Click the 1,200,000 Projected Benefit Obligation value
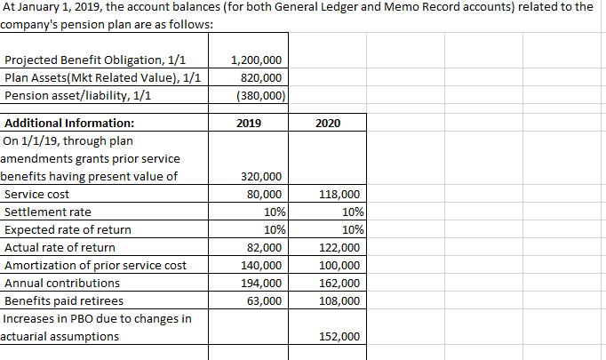click(257, 60)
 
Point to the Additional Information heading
click(70, 124)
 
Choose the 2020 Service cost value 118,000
click(339, 195)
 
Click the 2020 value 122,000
click(339, 248)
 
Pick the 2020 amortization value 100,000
click(339, 266)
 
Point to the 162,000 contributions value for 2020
click(339, 284)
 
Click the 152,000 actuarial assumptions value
click(339, 337)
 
